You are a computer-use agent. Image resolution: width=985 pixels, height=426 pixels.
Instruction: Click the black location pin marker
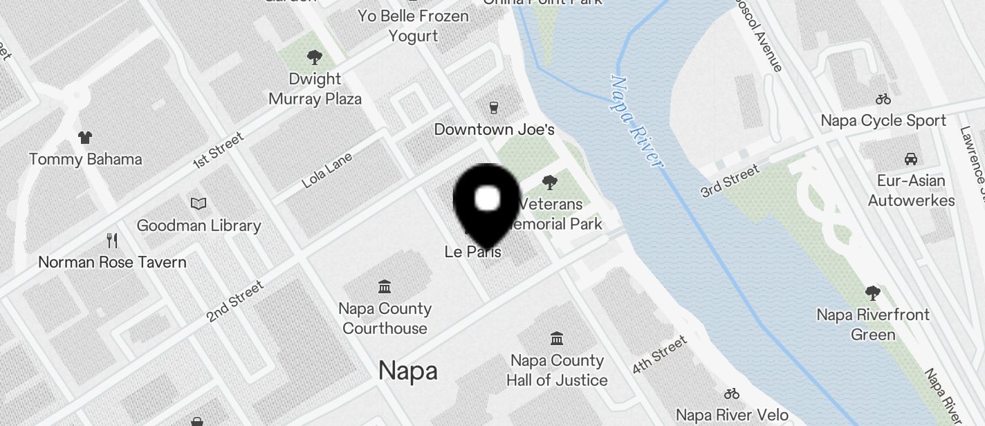pos(488,201)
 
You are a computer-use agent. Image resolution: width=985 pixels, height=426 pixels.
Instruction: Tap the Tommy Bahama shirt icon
pos(85,138)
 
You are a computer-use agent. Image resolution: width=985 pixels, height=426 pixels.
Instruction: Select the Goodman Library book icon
pos(199,204)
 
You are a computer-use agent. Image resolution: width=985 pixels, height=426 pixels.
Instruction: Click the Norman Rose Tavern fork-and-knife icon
pos(112,241)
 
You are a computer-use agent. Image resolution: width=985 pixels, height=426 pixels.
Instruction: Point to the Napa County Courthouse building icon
pos(385,286)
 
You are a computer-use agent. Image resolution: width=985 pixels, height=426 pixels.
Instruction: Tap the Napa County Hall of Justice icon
pos(556,338)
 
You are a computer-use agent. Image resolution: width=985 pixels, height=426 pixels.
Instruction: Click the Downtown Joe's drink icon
pos(494,107)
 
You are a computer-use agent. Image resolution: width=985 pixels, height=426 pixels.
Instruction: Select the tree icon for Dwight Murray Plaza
pos(315,57)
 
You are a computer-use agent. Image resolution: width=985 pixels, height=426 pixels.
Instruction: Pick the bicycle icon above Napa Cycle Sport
pos(883,99)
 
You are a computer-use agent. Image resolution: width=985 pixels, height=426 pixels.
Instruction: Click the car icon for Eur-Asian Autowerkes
pos(911,159)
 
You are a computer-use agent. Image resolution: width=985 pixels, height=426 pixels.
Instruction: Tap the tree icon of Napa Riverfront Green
pos(872,293)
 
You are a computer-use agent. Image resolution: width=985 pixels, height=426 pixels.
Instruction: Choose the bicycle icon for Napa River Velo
pos(732,393)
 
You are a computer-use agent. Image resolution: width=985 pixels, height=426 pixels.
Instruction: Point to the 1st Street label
pos(219,150)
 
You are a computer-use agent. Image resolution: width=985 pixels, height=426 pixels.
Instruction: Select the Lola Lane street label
pos(327,170)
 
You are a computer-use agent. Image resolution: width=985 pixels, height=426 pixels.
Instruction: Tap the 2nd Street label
pos(235,301)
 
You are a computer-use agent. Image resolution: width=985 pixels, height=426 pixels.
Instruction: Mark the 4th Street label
pos(660,354)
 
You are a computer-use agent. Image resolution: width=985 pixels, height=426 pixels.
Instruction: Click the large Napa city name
pos(408,371)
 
